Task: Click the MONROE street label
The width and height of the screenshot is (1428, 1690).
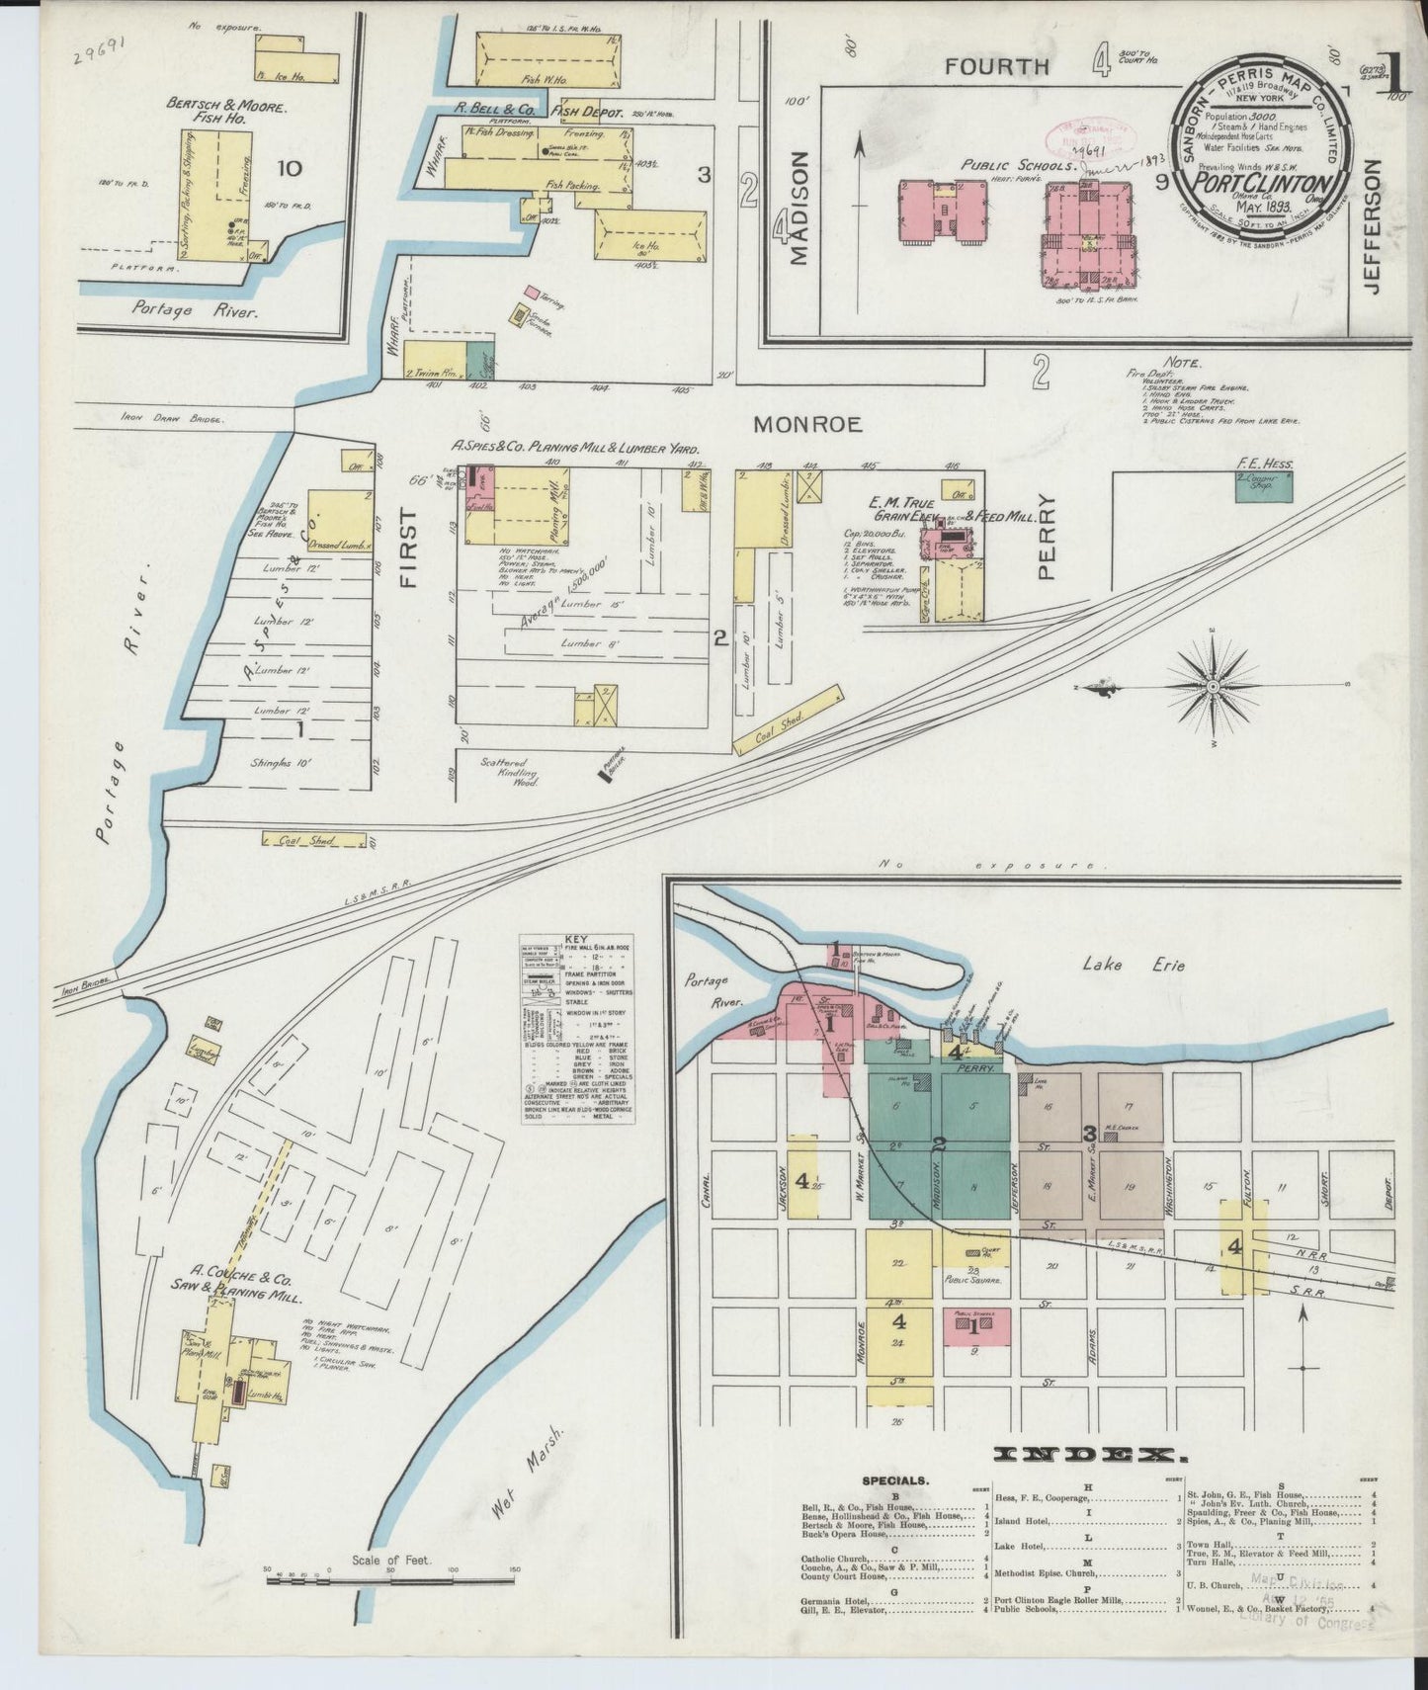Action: pos(807,425)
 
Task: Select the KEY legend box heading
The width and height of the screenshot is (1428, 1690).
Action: pos(575,940)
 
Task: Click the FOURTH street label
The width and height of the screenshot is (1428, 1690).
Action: pos(995,67)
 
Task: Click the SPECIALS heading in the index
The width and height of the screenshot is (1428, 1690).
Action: pos(894,1481)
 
